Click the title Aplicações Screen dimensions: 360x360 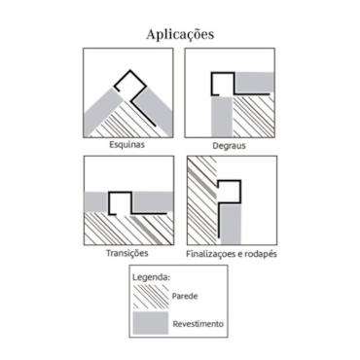[x=180, y=35]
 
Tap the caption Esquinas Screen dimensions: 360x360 [x=126, y=145]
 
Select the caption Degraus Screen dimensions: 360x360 [x=229, y=146]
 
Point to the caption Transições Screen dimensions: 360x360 [x=127, y=253]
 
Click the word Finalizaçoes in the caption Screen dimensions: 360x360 [x=211, y=254]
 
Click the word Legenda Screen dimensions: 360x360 [x=152, y=278]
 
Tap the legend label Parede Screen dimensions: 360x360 [x=185, y=296]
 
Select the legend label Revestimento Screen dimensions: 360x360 [x=198, y=324]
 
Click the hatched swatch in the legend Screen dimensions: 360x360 [x=151, y=297]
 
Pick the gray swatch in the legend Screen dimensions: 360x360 [x=151, y=323]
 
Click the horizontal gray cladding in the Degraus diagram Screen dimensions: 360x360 [x=255, y=82]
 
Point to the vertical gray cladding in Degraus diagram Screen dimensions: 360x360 [x=222, y=117]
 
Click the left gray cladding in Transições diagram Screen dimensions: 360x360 [x=96, y=201]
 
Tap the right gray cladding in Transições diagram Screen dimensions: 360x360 [x=152, y=201]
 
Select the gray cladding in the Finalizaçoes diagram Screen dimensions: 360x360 [x=231, y=224]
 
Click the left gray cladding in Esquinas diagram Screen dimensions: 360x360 [x=101, y=111]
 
